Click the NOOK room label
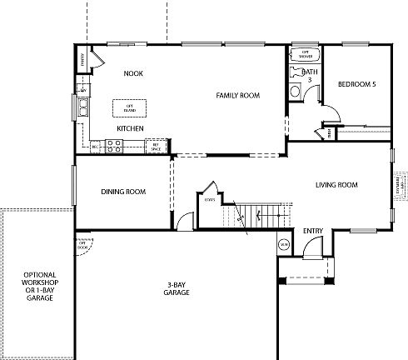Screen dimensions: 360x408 pyautogui.click(x=133, y=73)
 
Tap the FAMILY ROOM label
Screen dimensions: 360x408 pyautogui.click(x=237, y=96)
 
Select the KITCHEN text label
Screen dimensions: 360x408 pyautogui.click(x=130, y=128)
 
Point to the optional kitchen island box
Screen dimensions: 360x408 pyautogui.click(x=130, y=108)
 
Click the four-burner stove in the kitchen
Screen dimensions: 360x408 pyautogui.click(x=115, y=145)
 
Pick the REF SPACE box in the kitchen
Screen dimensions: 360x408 pyautogui.click(x=154, y=146)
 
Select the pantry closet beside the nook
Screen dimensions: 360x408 pyautogui.click(x=82, y=59)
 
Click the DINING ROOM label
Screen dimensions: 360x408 pyautogui.click(x=123, y=192)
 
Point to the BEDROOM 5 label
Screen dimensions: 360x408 pyautogui.click(x=356, y=84)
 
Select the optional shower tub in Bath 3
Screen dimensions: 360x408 pyautogui.click(x=304, y=56)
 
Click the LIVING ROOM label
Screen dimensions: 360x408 pyautogui.click(x=336, y=185)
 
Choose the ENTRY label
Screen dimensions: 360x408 pyautogui.click(x=313, y=231)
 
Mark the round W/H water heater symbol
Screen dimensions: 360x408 pyautogui.click(x=284, y=244)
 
